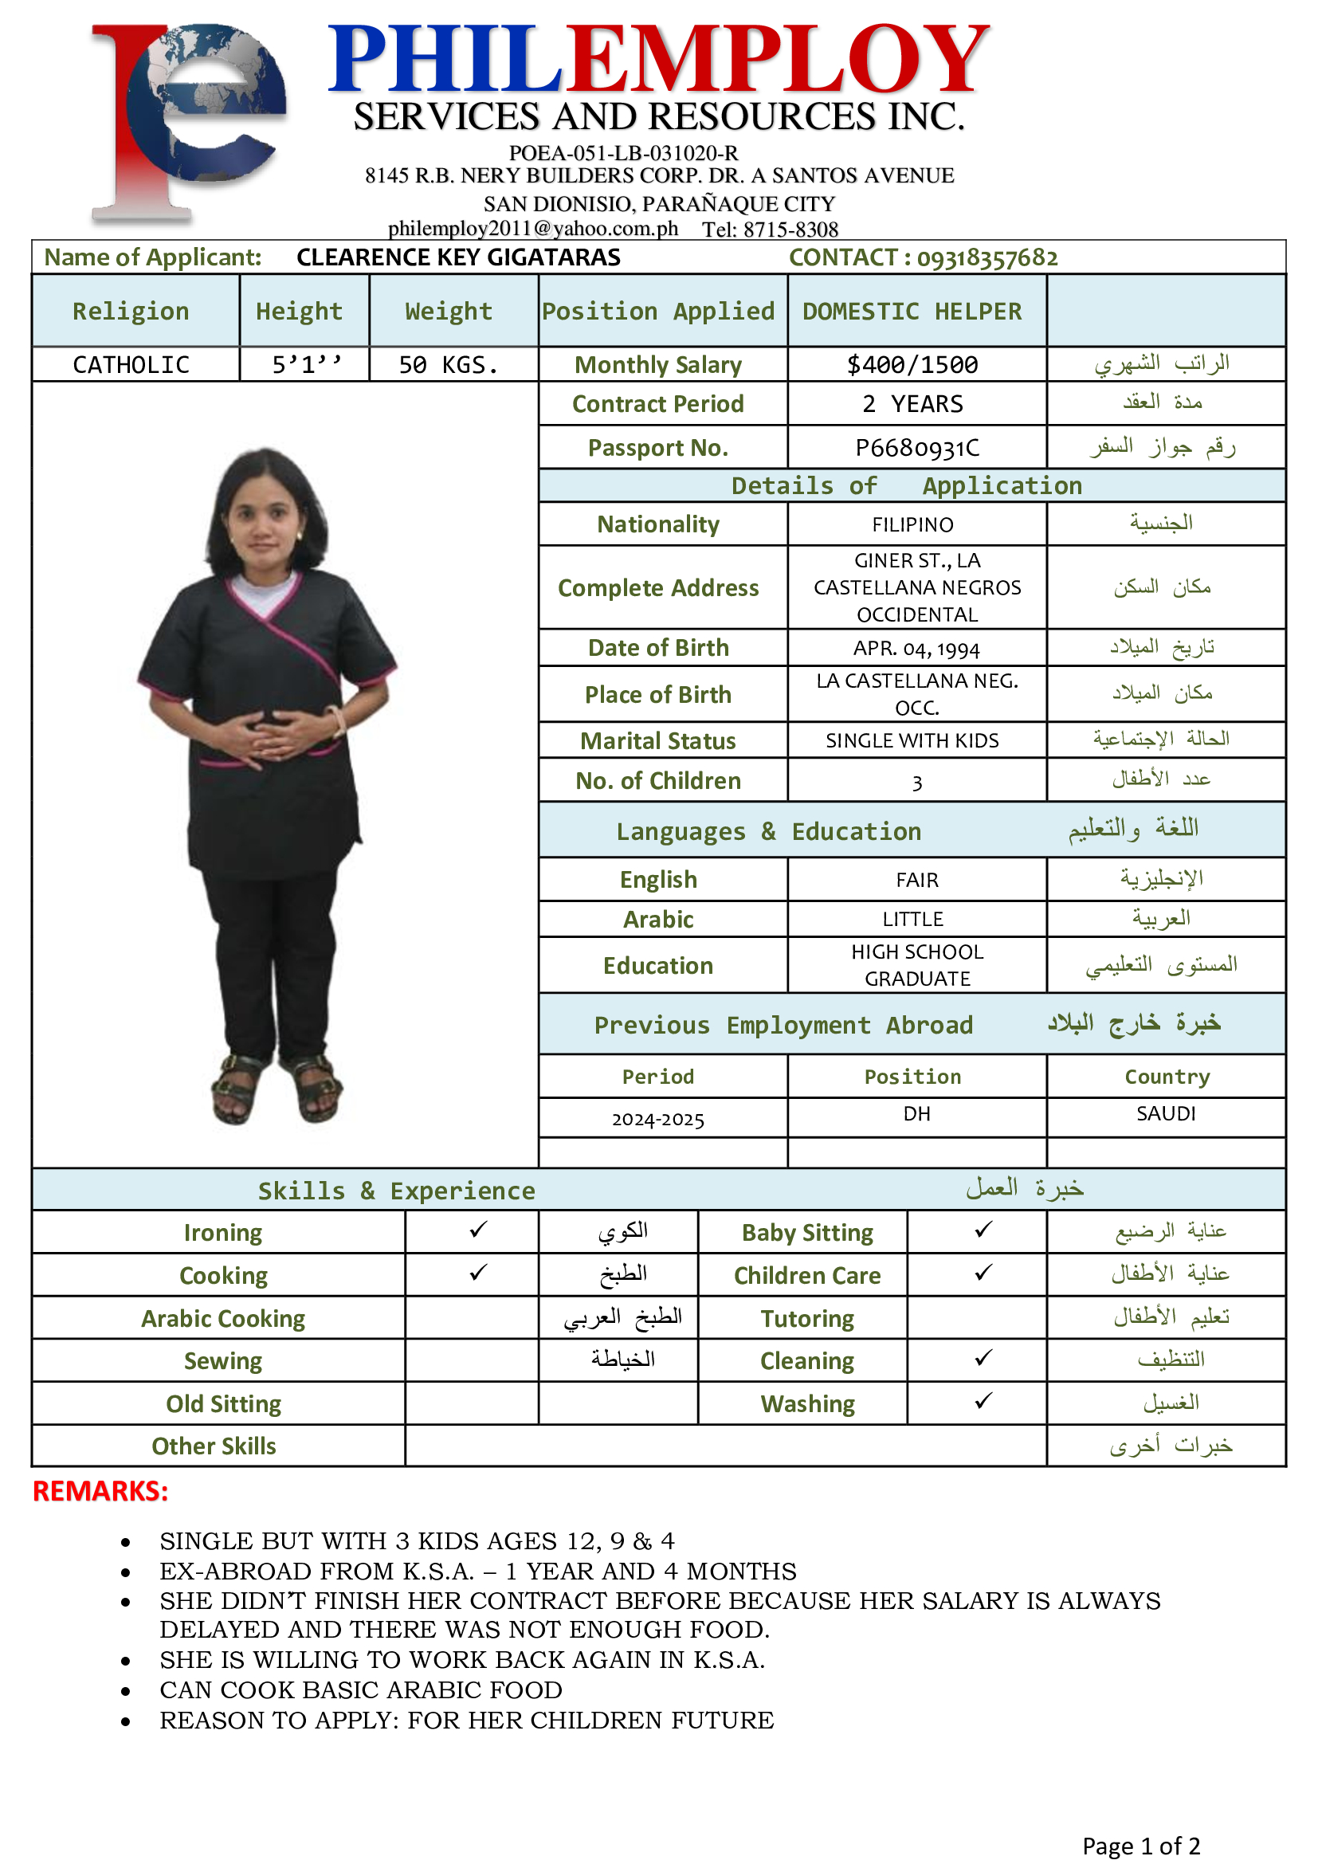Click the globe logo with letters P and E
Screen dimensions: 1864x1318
tap(190, 122)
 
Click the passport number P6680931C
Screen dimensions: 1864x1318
tap(917, 448)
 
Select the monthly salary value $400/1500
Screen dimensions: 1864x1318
tap(912, 365)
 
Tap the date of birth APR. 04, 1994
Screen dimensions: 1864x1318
tap(916, 649)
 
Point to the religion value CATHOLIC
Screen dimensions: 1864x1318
tap(131, 365)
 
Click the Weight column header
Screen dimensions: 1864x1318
tap(449, 312)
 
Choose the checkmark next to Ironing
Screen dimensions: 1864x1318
tap(478, 1230)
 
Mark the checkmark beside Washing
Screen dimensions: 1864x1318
tap(983, 1401)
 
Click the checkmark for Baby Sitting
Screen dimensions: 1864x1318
tap(983, 1230)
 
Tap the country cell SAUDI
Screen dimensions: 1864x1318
tap(1166, 1114)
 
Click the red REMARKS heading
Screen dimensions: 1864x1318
tap(100, 1491)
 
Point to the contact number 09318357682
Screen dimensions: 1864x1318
tap(987, 258)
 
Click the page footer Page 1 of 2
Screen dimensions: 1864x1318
tap(1140, 1846)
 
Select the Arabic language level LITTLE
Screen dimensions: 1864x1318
tap(913, 919)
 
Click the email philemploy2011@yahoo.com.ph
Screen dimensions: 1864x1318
tap(532, 229)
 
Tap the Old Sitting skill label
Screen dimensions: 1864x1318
tap(223, 1403)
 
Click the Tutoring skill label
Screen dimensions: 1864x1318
tap(806, 1318)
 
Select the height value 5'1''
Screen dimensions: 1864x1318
tap(306, 365)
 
